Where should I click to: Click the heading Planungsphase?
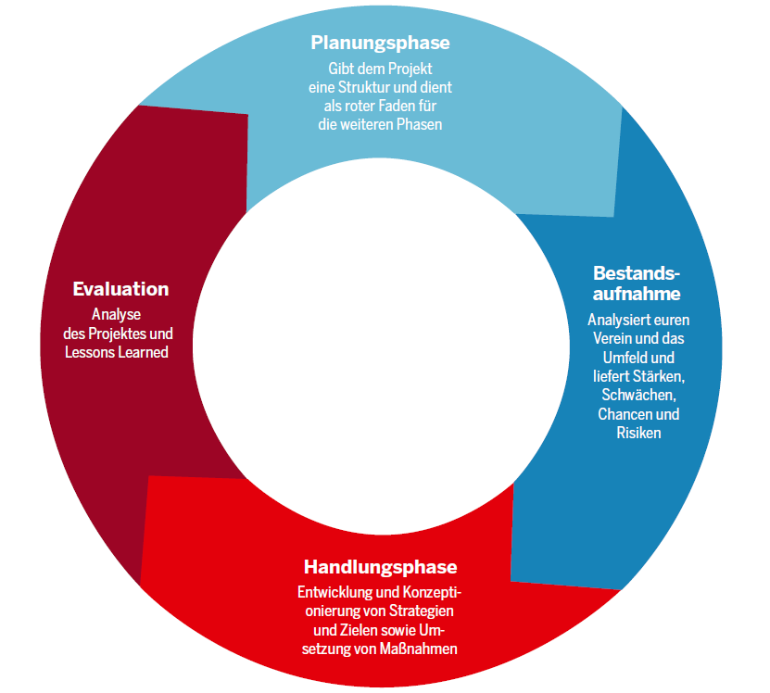click(x=380, y=44)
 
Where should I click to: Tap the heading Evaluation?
click(x=120, y=289)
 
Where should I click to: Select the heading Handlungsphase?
click(x=381, y=567)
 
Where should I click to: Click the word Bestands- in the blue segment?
click(x=637, y=273)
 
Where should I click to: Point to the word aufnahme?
click(x=637, y=294)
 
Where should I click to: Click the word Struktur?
click(x=364, y=87)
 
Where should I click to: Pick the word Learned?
click(x=144, y=353)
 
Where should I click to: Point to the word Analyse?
click(x=117, y=315)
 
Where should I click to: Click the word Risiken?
click(x=638, y=434)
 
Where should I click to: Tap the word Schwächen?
click(x=638, y=396)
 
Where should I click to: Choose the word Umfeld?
click(x=624, y=358)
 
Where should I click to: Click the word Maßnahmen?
click(x=419, y=649)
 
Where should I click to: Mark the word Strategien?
click(x=422, y=611)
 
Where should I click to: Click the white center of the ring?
click(x=381, y=346)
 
